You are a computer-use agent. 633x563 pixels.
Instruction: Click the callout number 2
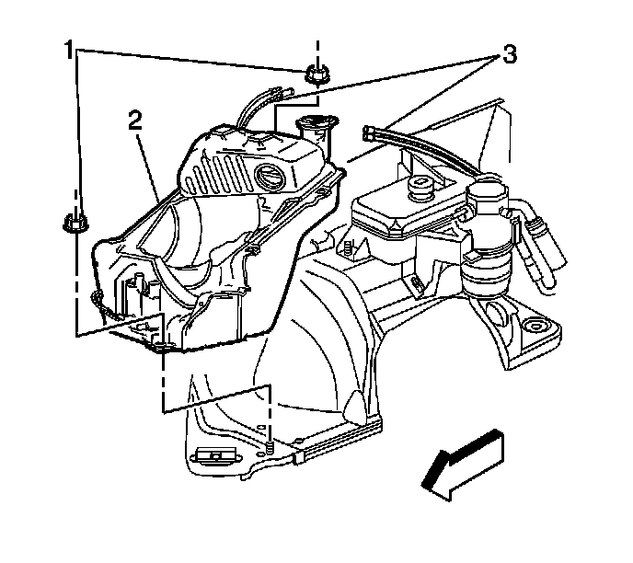[x=134, y=120]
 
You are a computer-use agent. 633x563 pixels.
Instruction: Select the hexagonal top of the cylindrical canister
[x=486, y=195]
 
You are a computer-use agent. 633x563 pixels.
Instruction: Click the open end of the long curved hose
[x=369, y=133]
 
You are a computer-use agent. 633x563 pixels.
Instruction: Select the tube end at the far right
[x=553, y=268]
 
